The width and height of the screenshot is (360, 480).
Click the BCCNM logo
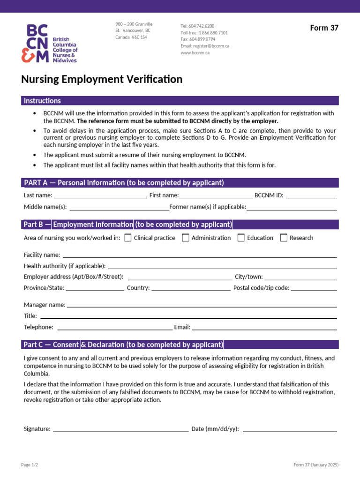[x=49, y=43]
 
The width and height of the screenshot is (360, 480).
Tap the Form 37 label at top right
[x=324, y=28]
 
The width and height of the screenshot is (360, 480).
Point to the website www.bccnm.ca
[x=195, y=53]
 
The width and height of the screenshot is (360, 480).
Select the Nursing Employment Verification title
[x=102, y=79]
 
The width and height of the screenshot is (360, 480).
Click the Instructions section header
[x=42, y=101]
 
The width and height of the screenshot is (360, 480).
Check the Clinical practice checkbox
[x=128, y=238]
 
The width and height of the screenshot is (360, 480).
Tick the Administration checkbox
[x=186, y=238]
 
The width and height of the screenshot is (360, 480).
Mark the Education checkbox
[x=241, y=238]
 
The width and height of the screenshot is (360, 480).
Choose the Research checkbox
[x=284, y=238]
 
